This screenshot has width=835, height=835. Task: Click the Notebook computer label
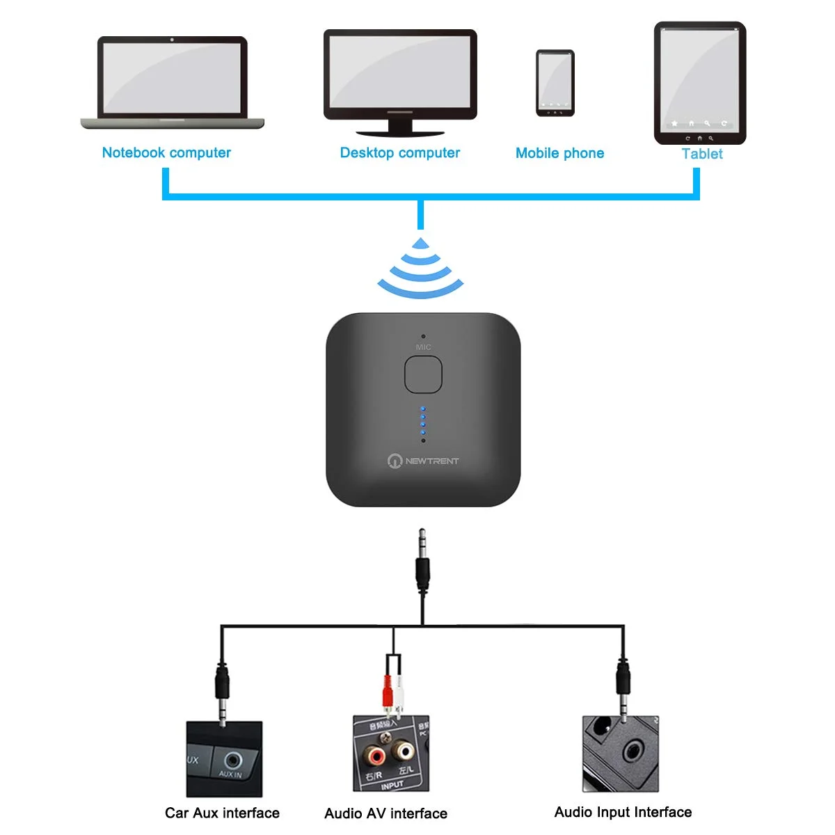[x=166, y=152]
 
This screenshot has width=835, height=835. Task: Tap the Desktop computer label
[x=399, y=152]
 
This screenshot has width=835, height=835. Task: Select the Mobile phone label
[x=559, y=153]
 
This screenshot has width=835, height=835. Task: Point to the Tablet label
[x=701, y=154]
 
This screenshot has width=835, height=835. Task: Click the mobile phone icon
[x=555, y=83]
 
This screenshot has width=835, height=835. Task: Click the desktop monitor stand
[x=399, y=127]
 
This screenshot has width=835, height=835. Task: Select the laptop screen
[x=172, y=77]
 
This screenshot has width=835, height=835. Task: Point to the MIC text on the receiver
[x=423, y=347]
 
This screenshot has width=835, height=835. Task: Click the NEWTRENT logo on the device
[x=423, y=461]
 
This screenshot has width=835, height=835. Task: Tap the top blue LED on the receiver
[x=423, y=408]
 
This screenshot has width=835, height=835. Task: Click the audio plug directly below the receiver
[x=422, y=564]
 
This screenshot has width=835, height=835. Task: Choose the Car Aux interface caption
[x=222, y=813]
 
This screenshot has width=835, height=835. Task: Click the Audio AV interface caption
[x=385, y=813]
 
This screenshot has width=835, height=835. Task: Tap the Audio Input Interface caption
[x=623, y=812]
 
